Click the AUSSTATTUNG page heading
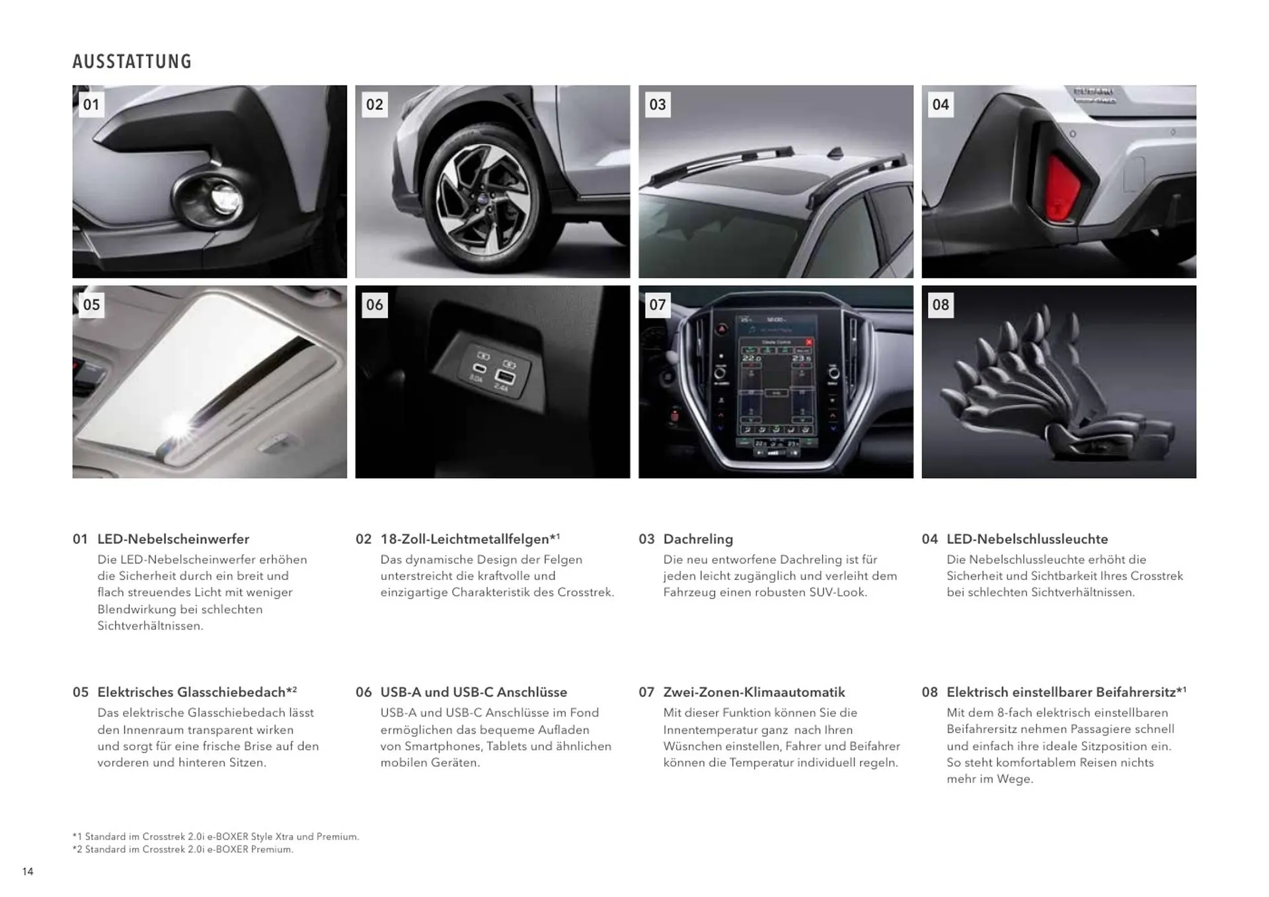click(x=132, y=61)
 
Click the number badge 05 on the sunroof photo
click(x=91, y=305)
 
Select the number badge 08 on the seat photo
click(x=941, y=305)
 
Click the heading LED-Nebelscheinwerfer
click(x=173, y=539)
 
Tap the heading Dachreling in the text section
click(x=698, y=539)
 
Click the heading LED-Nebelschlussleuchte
click(x=1027, y=539)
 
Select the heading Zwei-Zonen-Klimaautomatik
click(x=754, y=692)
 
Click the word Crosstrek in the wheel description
click(x=585, y=592)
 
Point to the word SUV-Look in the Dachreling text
click(x=837, y=592)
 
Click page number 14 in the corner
click(x=28, y=872)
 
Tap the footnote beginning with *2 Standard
click(x=183, y=849)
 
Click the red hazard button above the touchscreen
click(x=722, y=328)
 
